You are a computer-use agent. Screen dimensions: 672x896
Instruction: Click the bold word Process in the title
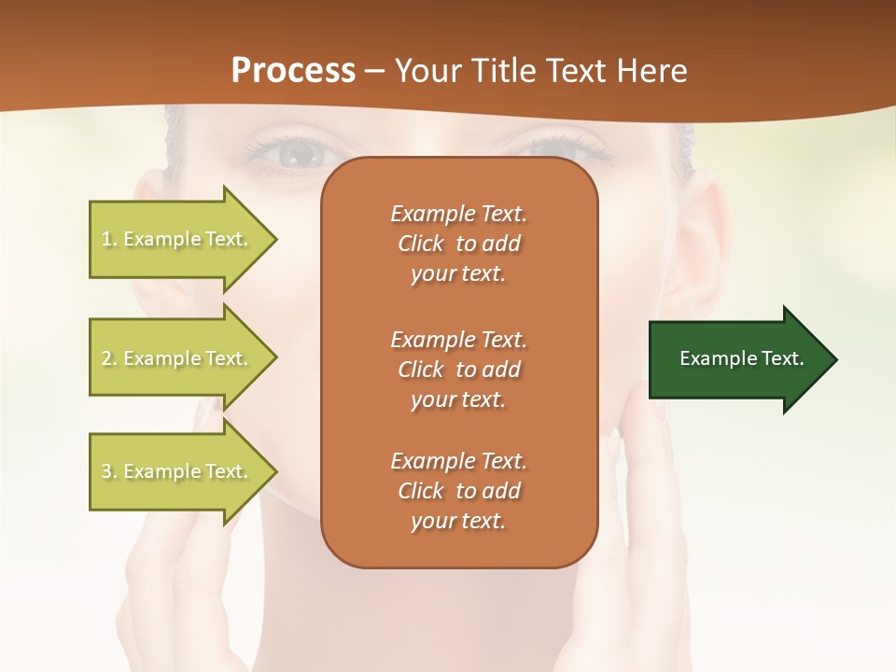point(293,71)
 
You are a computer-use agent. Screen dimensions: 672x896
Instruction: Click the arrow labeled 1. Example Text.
point(177,239)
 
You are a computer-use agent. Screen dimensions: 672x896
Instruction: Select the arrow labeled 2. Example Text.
point(177,358)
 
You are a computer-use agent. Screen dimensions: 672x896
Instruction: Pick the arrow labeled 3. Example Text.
point(177,471)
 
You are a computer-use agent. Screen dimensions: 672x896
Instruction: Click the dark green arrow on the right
point(737,358)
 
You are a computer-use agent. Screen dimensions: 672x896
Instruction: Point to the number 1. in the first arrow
point(109,239)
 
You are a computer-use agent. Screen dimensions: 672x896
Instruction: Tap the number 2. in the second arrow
point(109,358)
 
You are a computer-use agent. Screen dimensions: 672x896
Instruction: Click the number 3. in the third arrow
point(109,471)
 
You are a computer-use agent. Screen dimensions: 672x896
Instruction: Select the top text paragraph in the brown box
point(458,244)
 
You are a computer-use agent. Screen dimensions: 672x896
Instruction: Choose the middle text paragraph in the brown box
point(458,370)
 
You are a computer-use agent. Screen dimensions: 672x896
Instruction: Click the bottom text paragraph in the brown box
point(458,491)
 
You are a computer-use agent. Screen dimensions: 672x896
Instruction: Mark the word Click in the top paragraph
point(421,245)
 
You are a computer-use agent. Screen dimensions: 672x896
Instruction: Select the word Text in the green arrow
point(782,358)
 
